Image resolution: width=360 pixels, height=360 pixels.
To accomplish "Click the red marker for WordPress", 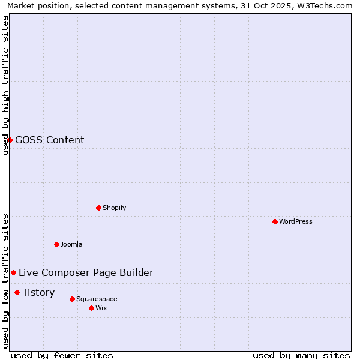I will pos(275,221).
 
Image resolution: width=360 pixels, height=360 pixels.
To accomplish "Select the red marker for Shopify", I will pos(98,208).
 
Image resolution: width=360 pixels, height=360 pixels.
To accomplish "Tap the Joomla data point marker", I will pos(56,244).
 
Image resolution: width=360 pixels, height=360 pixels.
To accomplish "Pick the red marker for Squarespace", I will pos(72,299).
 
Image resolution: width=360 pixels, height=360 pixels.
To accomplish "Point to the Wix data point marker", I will pos(91,308).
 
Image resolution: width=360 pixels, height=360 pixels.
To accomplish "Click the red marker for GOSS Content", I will pos(10,140).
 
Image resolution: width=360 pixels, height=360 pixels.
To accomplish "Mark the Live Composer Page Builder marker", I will pos(13,272).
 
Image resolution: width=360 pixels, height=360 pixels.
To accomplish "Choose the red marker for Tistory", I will pos(17,292).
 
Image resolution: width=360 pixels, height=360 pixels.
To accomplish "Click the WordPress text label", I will pos(296,221).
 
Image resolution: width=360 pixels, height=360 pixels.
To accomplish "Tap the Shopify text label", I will pos(114,208).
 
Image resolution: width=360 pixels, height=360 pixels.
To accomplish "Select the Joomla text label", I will pos(71,244).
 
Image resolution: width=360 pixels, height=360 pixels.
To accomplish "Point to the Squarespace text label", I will pos(97,299).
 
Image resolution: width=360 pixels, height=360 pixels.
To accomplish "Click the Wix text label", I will pos(101,308).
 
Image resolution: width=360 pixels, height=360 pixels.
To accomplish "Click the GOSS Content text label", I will pos(50,140).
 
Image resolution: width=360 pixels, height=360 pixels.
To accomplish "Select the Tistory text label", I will pos(38,292).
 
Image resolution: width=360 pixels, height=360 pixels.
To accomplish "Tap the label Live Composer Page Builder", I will pos(86,272).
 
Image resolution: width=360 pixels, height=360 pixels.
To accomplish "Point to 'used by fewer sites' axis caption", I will pos(62,355).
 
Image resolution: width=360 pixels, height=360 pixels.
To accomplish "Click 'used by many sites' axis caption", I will pos(301,355).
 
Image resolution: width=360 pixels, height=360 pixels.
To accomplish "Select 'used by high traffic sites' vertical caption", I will pos(5,85).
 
